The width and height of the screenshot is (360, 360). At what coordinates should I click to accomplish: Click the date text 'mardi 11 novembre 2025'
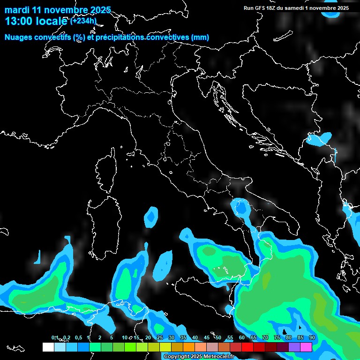coord(57,10)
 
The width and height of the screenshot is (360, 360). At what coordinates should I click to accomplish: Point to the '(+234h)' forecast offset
coord(83,21)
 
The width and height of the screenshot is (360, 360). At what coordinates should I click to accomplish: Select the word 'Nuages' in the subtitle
coord(19,37)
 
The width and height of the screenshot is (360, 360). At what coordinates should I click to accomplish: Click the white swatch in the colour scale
coord(48,347)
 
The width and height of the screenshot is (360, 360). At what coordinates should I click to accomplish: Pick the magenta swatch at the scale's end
coord(306,347)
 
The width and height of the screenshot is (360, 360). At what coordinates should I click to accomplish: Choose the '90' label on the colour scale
coord(312,338)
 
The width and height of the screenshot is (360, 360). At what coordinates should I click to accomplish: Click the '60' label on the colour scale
coord(241,338)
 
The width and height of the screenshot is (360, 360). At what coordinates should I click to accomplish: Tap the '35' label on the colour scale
coord(183,338)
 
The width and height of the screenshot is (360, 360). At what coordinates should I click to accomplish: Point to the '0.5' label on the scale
coord(78,338)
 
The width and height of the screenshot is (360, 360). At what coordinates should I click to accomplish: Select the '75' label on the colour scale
coord(277,338)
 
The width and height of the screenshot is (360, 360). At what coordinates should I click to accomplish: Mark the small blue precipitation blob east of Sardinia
coord(151,217)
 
